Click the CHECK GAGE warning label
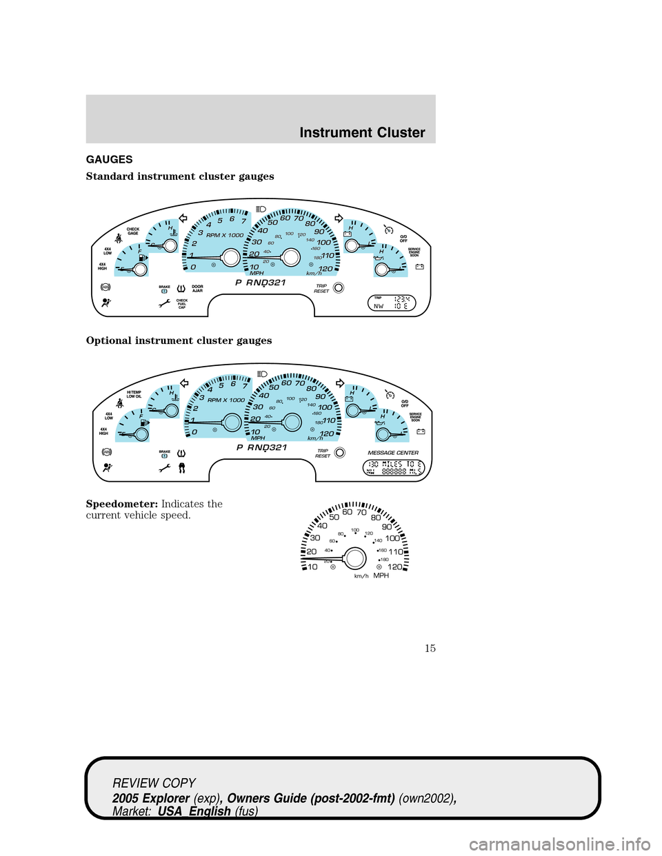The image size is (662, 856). coord(133,231)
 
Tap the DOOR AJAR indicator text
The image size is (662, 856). coord(197,289)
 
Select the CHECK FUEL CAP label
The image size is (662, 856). coord(182,304)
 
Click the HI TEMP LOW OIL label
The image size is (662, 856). coord(134,394)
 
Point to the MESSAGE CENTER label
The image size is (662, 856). coord(393,453)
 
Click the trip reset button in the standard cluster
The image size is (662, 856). coord(339,287)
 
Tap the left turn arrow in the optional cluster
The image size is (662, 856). coord(184,383)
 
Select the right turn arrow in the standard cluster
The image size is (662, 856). coord(339,218)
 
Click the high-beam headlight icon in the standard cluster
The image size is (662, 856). coord(261,208)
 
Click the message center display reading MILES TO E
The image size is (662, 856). coord(393,468)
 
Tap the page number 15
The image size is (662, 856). coord(430,648)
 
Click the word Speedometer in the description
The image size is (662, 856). coord(122,504)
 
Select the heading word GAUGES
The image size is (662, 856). coord(109,159)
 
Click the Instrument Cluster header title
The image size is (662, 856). coord(362,132)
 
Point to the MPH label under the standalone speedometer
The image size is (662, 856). coord(381,575)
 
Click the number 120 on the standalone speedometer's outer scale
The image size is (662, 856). coord(394,567)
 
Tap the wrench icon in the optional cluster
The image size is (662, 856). coord(164,468)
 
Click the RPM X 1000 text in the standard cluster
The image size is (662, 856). coord(225,235)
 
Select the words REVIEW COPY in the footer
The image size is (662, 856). coord(154,783)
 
